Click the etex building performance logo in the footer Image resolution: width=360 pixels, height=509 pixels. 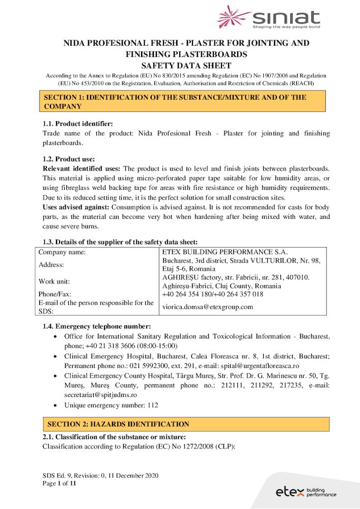306,492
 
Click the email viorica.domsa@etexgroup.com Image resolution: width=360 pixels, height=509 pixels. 207,307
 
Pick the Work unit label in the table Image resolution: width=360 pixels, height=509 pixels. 54,281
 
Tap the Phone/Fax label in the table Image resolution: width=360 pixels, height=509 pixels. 55,294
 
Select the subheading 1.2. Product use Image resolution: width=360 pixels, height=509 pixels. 68,159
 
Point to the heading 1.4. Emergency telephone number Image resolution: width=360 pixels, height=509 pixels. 96,326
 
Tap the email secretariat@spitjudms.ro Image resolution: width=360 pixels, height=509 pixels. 100,394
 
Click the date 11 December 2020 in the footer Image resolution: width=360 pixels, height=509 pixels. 133,475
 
